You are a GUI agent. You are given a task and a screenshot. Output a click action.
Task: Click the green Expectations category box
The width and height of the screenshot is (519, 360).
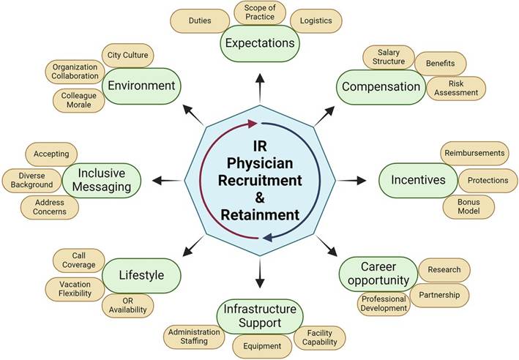(x=261, y=43)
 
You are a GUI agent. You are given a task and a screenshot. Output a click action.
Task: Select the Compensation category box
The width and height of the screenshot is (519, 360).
(x=381, y=87)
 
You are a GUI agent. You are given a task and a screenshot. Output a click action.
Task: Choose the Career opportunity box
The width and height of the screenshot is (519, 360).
(x=378, y=274)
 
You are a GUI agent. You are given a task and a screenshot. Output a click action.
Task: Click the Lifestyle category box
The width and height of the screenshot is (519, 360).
(x=143, y=275)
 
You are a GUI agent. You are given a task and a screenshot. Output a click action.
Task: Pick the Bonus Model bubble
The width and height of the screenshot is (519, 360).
(x=467, y=206)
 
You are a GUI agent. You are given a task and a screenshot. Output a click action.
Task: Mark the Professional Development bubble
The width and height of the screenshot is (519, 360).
(x=384, y=303)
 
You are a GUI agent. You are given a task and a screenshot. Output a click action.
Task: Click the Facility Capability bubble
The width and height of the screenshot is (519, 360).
(x=319, y=337)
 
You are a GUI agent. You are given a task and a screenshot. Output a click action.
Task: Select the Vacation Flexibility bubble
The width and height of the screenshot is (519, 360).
(x=76, y=288)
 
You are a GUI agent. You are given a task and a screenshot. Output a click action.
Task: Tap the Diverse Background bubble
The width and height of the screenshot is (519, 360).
(x=31, y=180)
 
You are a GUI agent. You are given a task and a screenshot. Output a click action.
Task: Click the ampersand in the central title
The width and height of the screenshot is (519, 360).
(x=258, y=198)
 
